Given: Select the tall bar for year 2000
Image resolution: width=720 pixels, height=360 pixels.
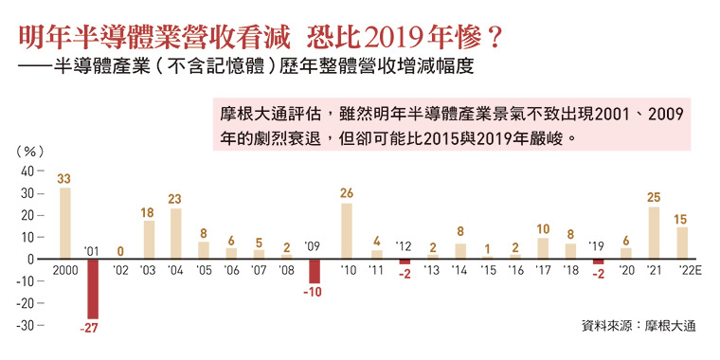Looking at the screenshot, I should (64, 223).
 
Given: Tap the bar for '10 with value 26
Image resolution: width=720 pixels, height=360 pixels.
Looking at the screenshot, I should (347, 230).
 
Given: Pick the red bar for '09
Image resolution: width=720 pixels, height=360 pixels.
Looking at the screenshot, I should (314, 270).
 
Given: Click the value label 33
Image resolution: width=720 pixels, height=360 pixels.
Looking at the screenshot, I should (64, 178).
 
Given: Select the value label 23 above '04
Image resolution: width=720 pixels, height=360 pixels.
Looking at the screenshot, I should (175, 199).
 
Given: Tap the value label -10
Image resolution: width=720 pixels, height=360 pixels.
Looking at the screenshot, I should (314, 293).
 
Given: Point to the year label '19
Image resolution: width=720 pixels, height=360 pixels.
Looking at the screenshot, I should (598, 245).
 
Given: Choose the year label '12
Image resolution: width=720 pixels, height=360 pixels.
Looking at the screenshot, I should (404, 245).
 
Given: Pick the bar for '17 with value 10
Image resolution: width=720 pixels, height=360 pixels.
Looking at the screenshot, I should (542, 247).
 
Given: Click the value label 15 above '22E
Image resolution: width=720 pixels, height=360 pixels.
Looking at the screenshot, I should (681, 219).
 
